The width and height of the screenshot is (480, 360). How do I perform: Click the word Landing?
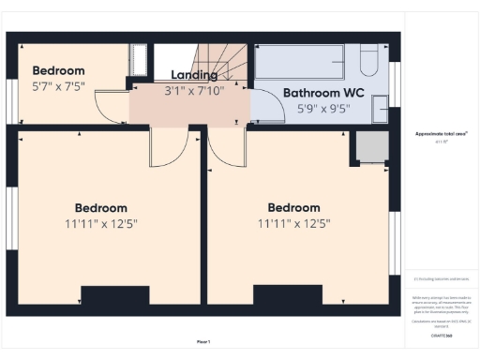pos(193,75)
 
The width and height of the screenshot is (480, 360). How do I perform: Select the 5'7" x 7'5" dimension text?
pos(59,86)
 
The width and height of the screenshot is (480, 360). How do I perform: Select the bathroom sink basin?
pos(381,109)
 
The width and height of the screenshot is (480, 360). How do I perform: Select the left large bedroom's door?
pos(169,150)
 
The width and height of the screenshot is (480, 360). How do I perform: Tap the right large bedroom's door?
pos(226,150)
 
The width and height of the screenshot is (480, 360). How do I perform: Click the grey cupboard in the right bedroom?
pos(370,147)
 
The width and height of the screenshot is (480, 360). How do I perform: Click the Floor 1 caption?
pos(203,341)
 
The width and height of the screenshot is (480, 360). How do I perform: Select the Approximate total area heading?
pos(441,133)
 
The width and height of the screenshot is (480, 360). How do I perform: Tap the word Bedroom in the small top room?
pos(59,70)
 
